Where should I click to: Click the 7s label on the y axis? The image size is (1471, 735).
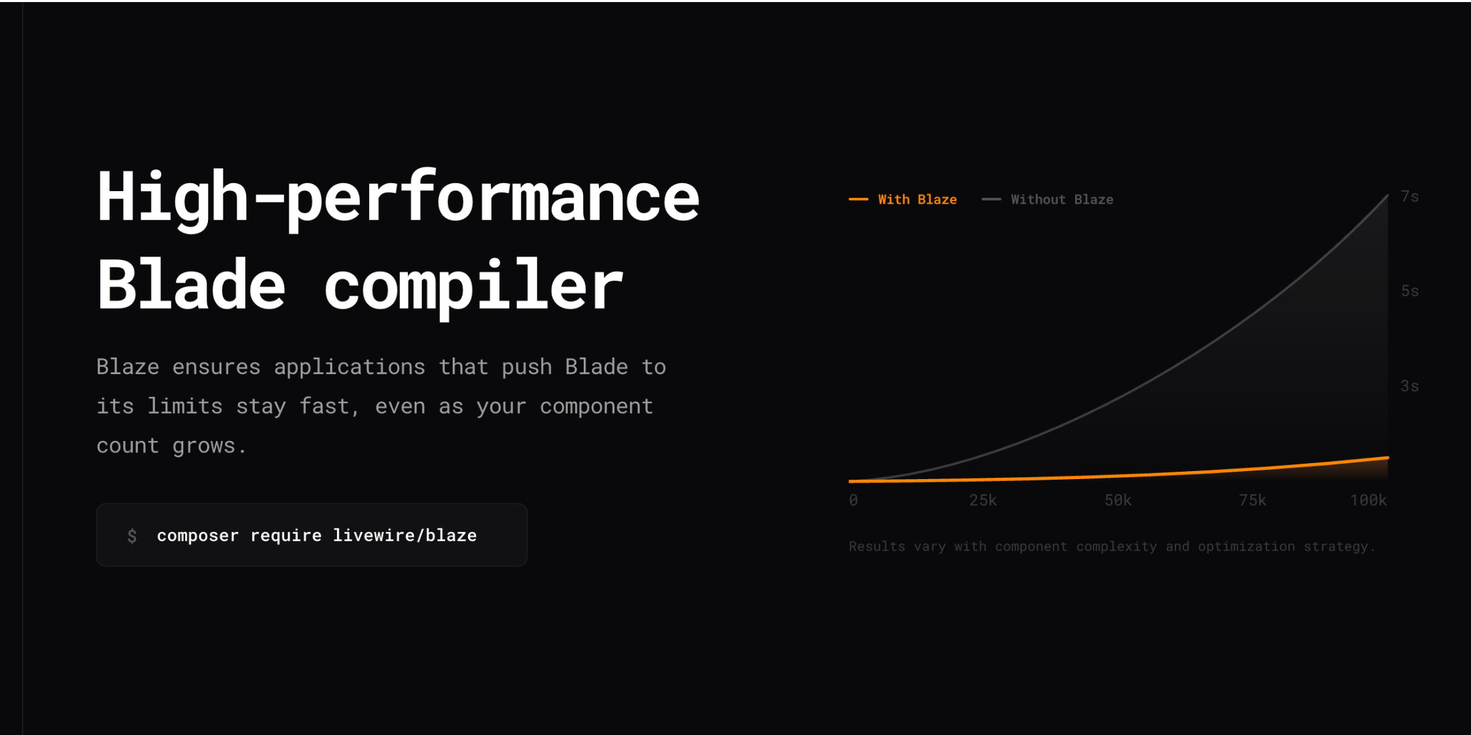pyautogui.click(x=1409, y=196)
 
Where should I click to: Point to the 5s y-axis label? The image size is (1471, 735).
pyautogui.click(x=1409, y=291)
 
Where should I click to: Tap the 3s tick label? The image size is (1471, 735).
pyautogui.click(x=1409, y=386)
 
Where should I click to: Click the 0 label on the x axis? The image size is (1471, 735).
pyautogui.click(x=853, y=500)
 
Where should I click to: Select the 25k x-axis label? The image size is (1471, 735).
pyautogui.click(x=983, y=500)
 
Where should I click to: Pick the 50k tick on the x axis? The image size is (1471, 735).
pyautogui.click(x=1118, y=500)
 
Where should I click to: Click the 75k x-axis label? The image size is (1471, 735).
pyautogui.click(x=1252, y=500)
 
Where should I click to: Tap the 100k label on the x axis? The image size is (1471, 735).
pyautogui.click(x=1368, y=500)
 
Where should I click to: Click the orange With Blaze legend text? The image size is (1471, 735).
pyautogui.click(x=917, y=199)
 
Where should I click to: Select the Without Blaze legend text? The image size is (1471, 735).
pyautogui.click(x=1062, y=199)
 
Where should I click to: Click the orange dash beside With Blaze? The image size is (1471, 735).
pyautogui.click(x=859, y=199)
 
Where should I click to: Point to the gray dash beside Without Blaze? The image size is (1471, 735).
pyautogui.click(x=991, y=199)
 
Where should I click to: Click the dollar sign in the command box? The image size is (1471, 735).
pyautogui.click(x=132, y=535)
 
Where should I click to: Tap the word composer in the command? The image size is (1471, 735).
pyautogui.click(x=198, y=536)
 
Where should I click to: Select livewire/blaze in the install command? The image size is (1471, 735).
pyautogui.click(x=405, y=535)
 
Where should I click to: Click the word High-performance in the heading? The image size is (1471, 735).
pyautogui.click(x=398, y=198)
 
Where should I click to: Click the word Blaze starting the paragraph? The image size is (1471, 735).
pyautogui.click(x=128, y=367)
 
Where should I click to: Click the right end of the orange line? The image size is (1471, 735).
pyautogui.click(x=1388, y=458)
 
